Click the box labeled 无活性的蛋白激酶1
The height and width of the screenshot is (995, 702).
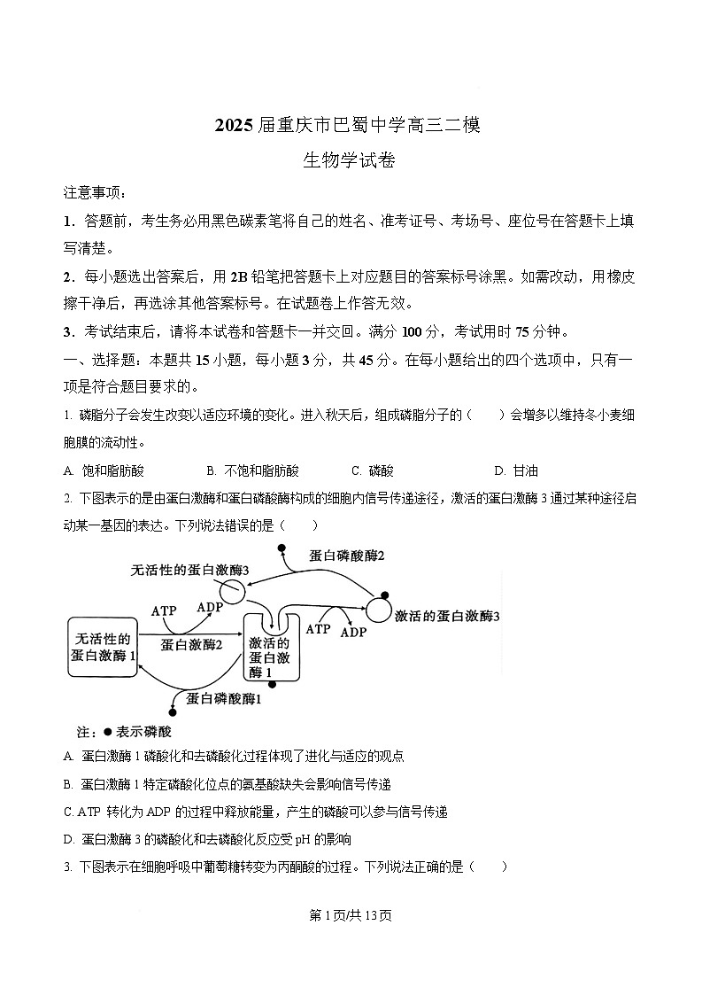point(104,648)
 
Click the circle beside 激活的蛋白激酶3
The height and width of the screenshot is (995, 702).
point(379,609)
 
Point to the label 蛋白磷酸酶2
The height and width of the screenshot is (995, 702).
point(347,556)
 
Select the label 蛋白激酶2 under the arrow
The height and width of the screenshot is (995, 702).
point(191,645)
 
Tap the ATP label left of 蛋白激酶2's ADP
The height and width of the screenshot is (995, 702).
point(165,611)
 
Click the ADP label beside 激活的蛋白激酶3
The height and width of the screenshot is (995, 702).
point(353,633)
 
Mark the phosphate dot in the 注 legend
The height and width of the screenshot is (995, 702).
point(107,732)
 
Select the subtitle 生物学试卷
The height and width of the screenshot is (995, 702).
point(350,160)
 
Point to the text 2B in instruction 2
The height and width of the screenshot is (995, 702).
point(239,276)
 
